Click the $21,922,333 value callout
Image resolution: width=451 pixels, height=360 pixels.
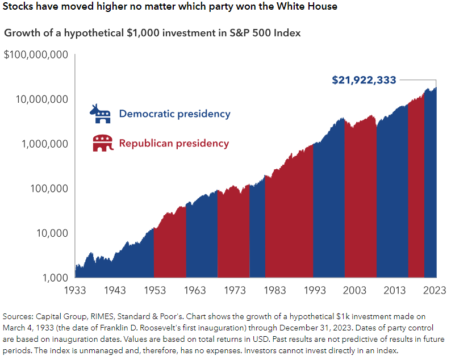[x=364, y=80]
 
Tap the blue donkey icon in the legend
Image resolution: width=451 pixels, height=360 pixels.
[x=101, y=114]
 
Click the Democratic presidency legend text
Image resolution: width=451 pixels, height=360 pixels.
[x=174, y=114]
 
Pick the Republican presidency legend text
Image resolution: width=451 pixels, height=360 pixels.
[x=174, y=144]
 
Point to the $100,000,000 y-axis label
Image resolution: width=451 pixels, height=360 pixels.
[x=36, y=55]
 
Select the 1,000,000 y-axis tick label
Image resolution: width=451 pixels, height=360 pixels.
[x=43, y=144]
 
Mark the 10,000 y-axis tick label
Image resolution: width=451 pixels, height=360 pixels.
[x=51, y=233]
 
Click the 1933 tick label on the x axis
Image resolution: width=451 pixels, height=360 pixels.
[x=76, y=291]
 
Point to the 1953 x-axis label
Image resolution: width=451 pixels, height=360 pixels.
[x=155, y=291]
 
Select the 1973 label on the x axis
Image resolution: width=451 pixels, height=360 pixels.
[x=235, y=291]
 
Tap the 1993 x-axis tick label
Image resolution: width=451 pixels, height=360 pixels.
[x=314, y=291]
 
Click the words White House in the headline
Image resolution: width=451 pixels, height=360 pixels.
[x=308, y=7]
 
